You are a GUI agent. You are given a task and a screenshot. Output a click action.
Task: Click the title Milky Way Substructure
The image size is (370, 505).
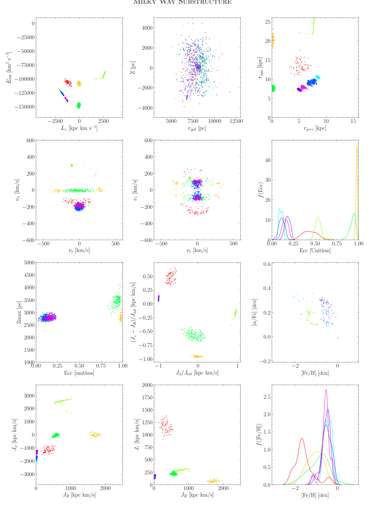182,2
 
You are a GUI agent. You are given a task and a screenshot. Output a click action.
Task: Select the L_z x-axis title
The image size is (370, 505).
79,128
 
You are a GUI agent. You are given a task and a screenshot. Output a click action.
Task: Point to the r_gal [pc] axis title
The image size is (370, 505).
197,128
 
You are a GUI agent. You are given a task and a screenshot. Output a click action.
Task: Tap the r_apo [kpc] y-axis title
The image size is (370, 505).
260,68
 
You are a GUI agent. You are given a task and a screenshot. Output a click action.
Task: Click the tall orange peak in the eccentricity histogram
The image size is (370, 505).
357,146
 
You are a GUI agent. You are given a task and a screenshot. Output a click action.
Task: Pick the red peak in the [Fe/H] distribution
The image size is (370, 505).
302,438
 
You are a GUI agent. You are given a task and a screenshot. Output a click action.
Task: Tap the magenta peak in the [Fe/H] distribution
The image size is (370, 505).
326,390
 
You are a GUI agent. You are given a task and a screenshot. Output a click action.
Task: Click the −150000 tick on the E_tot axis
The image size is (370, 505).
24,107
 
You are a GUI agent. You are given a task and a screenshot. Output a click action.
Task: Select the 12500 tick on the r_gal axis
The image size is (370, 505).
232,121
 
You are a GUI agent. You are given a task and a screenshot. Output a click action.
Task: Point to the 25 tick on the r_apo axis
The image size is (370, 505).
268,22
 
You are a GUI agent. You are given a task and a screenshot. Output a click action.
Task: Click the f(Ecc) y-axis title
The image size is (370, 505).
260,190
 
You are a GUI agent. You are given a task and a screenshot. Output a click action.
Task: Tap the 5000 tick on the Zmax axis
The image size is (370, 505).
29,263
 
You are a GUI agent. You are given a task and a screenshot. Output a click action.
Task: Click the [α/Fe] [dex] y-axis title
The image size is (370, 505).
255,312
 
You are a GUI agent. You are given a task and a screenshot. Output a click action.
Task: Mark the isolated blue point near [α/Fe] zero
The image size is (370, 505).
338,338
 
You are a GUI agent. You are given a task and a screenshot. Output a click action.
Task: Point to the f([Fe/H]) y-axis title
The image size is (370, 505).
260,435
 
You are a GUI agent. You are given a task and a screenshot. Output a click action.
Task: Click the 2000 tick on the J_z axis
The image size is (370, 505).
147,385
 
